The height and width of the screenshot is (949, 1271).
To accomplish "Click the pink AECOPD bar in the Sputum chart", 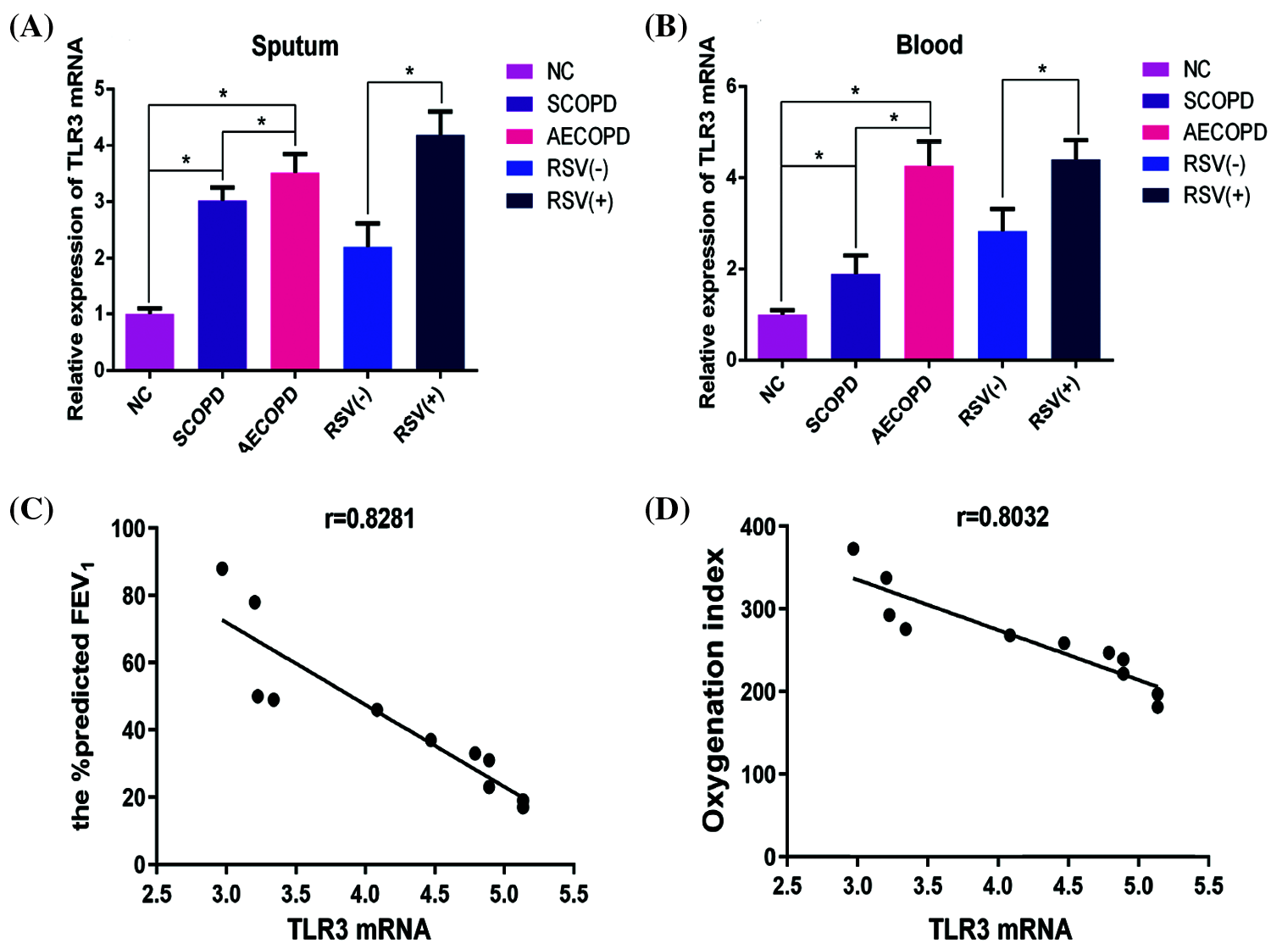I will (x=295, y=271).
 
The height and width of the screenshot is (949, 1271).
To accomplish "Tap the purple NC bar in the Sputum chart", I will (x=149, y=341).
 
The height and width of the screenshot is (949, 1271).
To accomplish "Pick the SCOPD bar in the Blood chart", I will (x=855, y=317).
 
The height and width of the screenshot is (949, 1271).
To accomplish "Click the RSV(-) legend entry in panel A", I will (x=560, y=168).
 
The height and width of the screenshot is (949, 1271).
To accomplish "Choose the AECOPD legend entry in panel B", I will (x=1204, y=132).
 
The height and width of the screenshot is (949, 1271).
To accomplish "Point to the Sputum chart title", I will (x=295, y=46).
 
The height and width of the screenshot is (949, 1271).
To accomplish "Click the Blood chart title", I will (x=930, y=44).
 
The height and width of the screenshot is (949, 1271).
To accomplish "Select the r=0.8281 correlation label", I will (x=369, y=518).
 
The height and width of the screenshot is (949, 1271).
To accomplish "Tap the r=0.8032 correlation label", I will (x=1002, y=516).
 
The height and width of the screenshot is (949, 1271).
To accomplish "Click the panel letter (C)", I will (x=31, y=510).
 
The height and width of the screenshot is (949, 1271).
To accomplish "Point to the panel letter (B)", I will (x=666, y=27).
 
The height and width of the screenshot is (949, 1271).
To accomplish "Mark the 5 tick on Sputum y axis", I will (x=100, y=89).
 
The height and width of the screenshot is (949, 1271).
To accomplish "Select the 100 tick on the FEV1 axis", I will (x=128, y=529).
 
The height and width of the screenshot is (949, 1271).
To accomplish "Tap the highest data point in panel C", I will (x=222, y=569).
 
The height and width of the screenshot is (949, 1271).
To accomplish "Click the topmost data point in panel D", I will (x=853, y=549).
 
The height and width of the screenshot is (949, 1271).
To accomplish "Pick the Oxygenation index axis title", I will (x=714, y=690).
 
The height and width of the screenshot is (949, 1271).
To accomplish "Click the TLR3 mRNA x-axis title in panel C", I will (x=359, y=930).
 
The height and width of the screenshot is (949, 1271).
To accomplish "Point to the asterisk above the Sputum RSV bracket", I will (x=410, y=72).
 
